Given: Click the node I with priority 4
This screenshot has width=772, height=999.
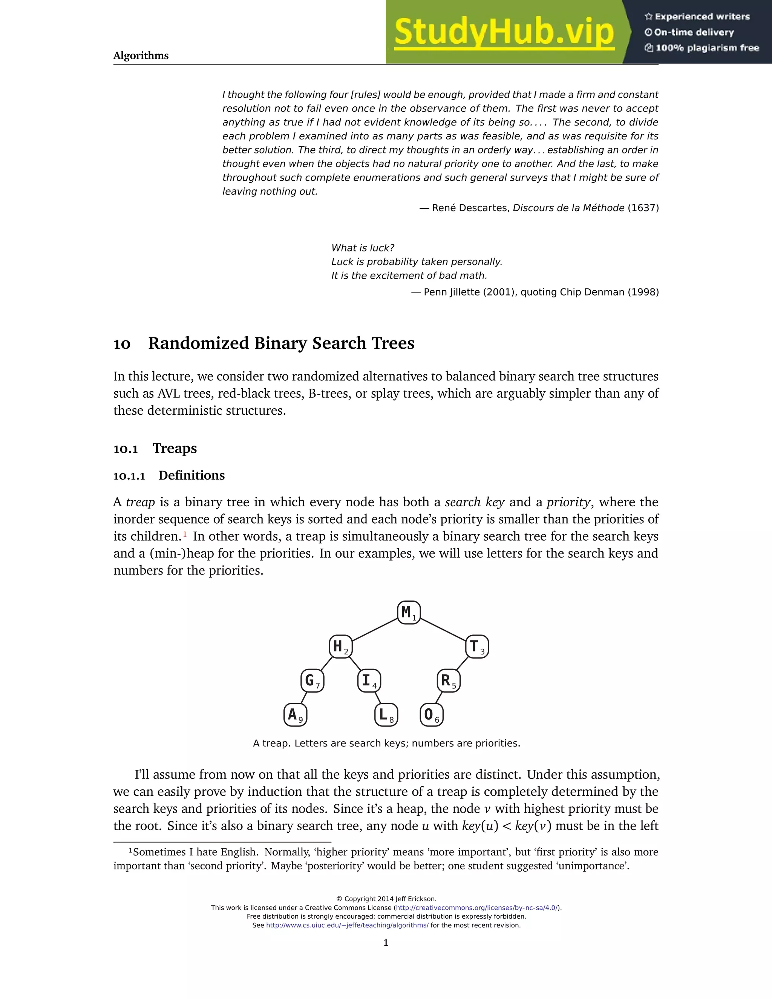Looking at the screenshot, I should click(369, 680).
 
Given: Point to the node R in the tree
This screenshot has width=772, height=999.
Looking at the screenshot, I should click(448, 680).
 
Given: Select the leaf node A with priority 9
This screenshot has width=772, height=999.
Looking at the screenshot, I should click(295, 715).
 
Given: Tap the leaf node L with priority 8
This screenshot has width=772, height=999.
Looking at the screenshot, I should click(386, 715).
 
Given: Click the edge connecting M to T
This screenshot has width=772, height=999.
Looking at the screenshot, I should click(443, 630).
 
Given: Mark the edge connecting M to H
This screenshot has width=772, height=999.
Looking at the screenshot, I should click(375, 630).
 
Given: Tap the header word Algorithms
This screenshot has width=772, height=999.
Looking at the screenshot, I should click(141, 56).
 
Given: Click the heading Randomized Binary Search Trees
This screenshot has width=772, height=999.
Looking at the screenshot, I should click(281, 343).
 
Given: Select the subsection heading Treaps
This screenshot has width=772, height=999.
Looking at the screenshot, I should click(175, 448).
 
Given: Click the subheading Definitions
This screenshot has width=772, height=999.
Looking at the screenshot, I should click(191, 475).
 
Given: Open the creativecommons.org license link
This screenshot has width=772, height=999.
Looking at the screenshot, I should click(476, 907).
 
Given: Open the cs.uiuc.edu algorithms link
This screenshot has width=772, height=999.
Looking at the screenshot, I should click(347, 925).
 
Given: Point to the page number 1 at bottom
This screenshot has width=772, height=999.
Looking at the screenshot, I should click(386, 943).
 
